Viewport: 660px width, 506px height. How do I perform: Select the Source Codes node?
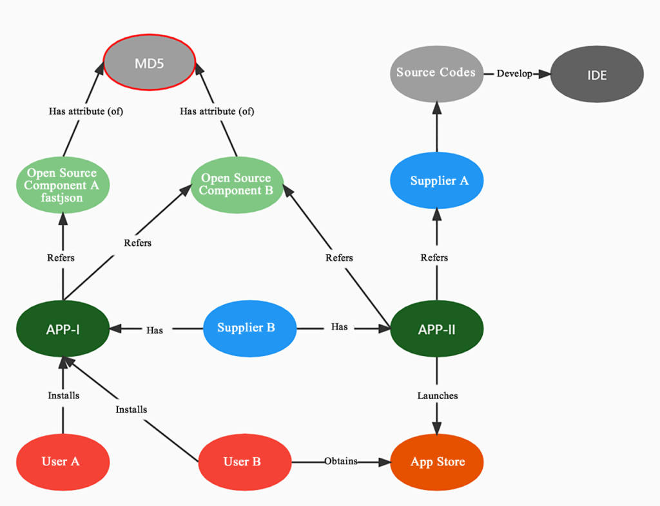pos(436,73)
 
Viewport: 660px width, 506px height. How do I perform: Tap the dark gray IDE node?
pos(597,75)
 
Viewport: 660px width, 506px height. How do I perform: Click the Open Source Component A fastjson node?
pos(63,185)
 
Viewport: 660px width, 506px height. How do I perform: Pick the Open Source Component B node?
pos(237,184)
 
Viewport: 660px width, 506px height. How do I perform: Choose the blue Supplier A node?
pos(437,181)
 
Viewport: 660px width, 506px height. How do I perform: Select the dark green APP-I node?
pos(63,330)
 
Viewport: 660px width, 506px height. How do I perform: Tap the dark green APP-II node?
pos(437,330)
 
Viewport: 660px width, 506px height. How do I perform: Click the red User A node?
pos(63,462)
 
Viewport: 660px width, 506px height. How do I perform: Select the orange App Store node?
pos(437,462)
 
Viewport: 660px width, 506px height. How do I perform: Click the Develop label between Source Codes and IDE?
pos(514,73)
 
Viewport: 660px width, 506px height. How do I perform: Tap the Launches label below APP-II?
pos(438,395)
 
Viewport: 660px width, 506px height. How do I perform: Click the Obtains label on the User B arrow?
pos(341,461)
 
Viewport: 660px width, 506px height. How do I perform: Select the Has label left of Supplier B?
pos(155,330)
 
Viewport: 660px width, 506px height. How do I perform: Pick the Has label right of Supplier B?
pos(339,327)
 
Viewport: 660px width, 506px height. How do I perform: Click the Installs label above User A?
pos(64,395)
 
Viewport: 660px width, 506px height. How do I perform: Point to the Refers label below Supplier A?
pos(434,258)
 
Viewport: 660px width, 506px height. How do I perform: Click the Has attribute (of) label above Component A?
pos(86,111)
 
